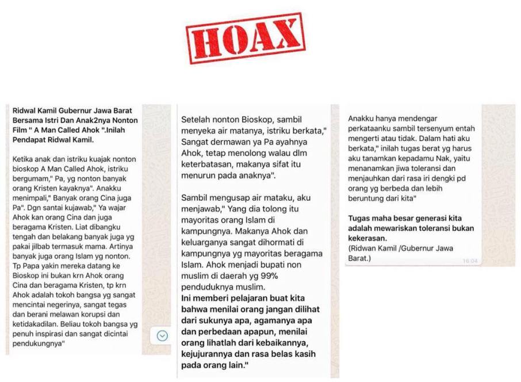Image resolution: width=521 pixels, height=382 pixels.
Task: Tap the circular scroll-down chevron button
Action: (x=163, y=335)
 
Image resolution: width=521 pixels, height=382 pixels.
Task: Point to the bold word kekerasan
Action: (x=369, y=238)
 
